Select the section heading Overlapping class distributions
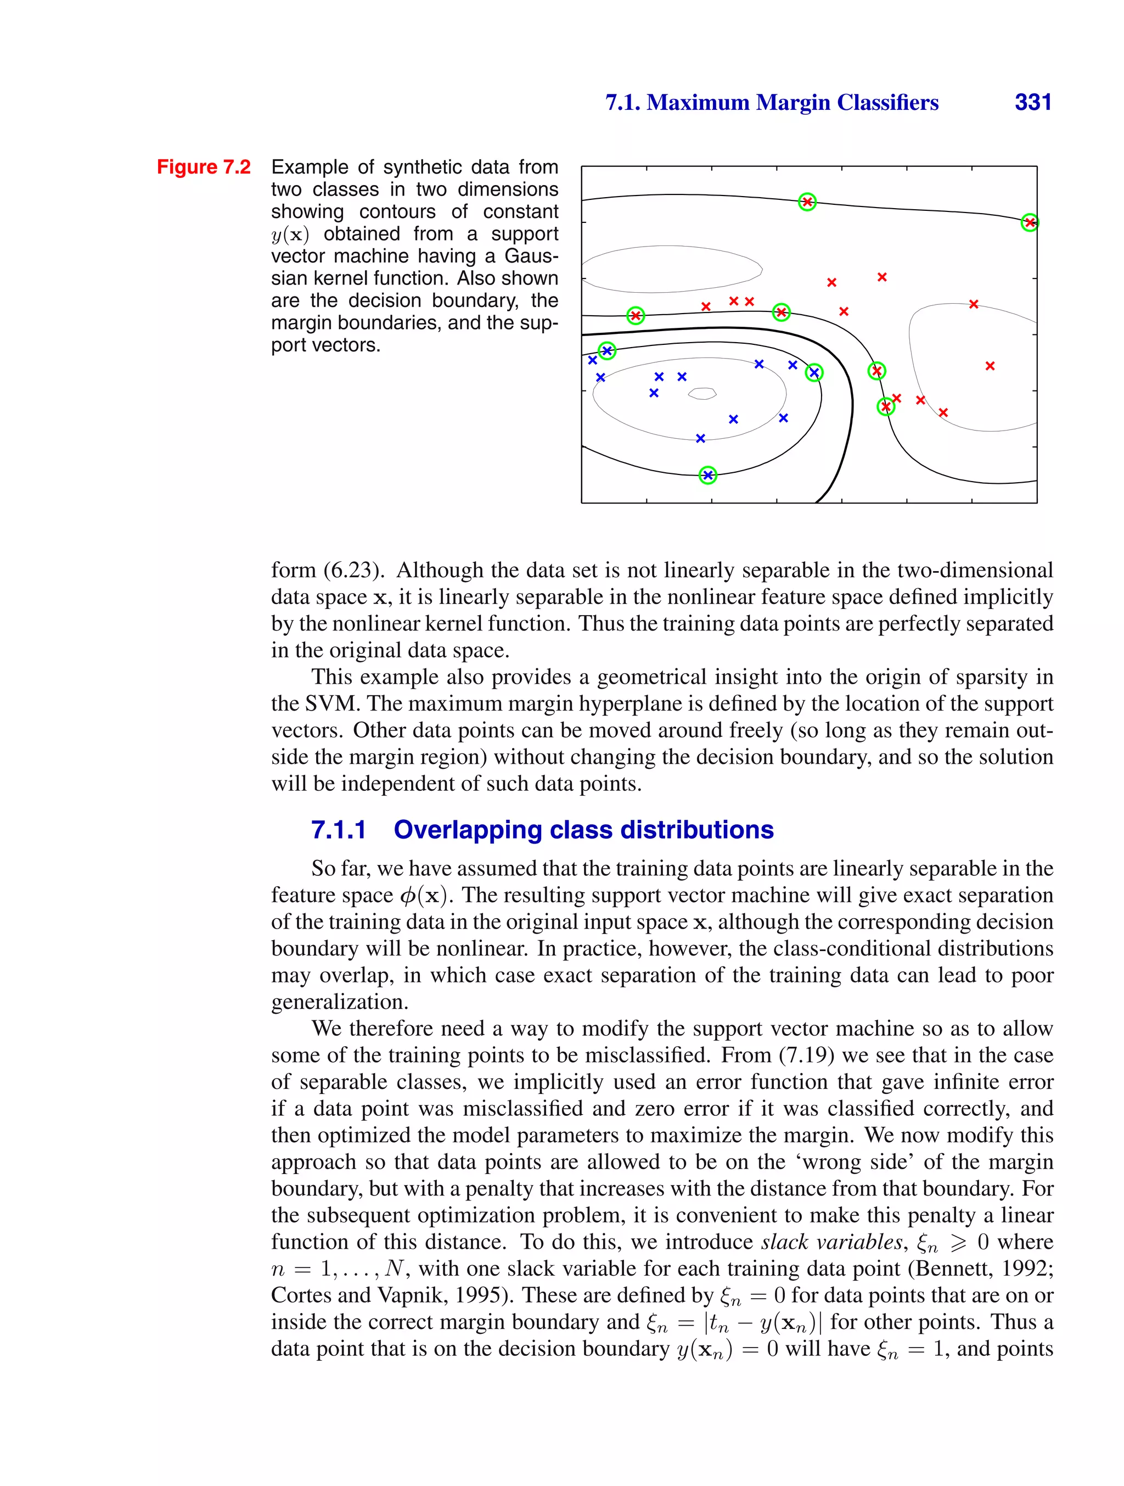(x=583, y=830)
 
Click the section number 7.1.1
(x=339, y=830)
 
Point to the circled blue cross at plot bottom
(x=707, y=475)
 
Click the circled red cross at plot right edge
(x=1029, y=222)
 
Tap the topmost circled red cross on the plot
(x=807, y=202)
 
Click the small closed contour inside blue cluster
(x=702, y=394)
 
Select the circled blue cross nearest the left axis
(x=607, y=351)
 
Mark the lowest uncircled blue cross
(x=700, y=438)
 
